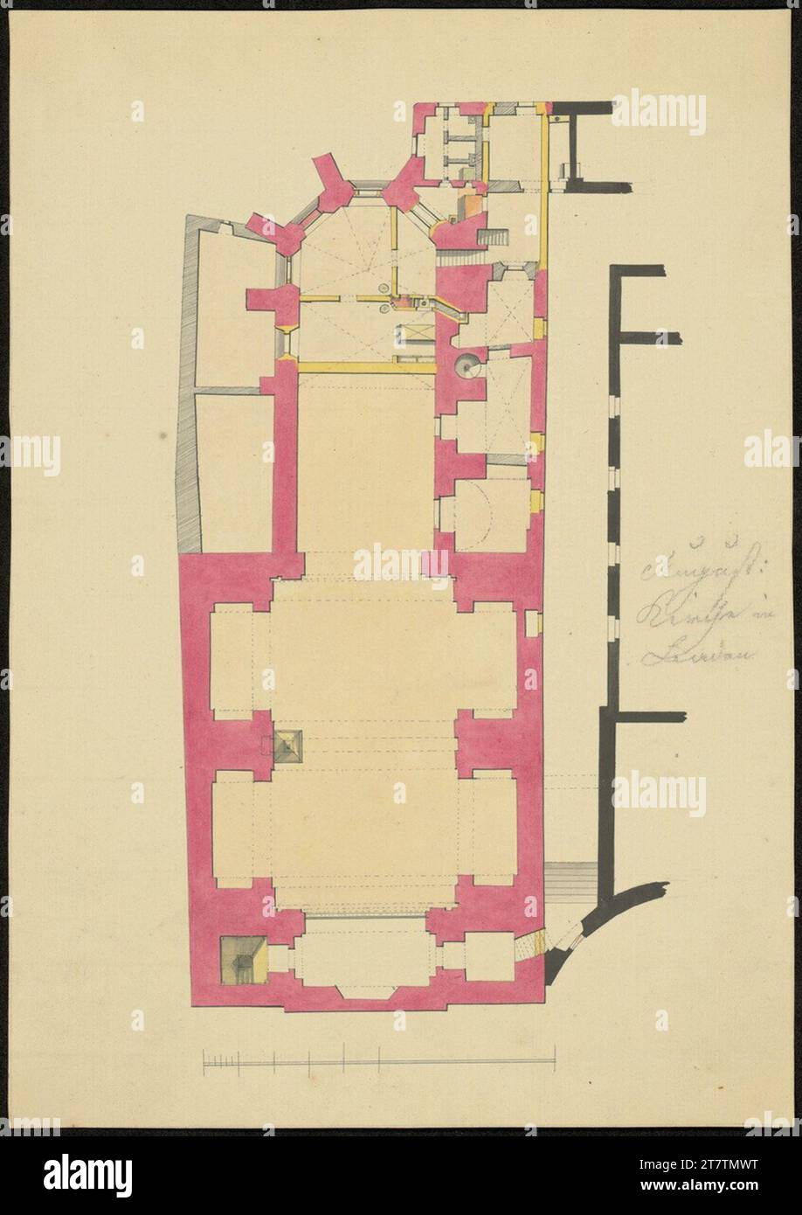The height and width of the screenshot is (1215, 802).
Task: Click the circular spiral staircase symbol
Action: point(467,365)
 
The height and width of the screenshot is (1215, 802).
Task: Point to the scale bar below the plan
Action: point(379,1062)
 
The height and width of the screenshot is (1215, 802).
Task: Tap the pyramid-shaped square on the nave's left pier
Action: point(286,744)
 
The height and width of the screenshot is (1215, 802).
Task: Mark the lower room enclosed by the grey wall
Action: point(232,472)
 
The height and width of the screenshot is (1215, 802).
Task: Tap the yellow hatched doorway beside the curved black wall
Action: point(540,941)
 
